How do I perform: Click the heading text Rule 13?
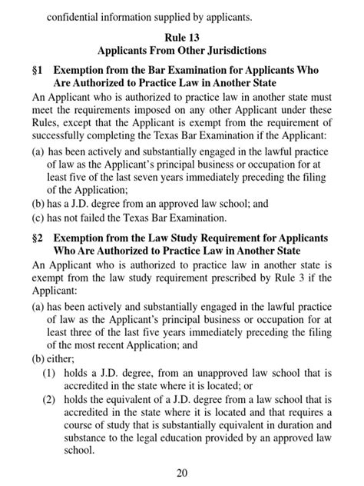181,36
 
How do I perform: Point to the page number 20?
181,472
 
